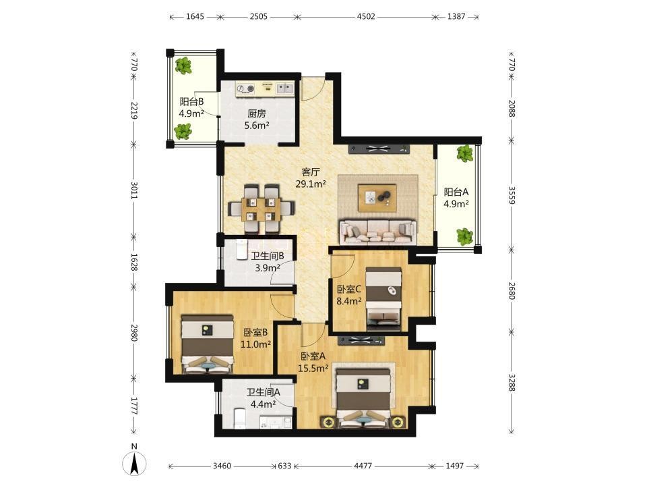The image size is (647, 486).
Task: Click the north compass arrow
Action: (x=134, y=463)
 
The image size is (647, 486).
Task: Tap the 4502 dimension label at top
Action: (x=366, y=16)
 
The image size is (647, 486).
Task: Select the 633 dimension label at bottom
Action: (x=284, y=466)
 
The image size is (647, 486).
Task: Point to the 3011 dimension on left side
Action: (x=133, y=190)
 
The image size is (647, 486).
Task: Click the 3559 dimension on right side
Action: (x=512, y=195)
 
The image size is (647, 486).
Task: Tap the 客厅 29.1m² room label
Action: (x=311, y=178)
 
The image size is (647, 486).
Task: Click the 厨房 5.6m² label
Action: (x=257, y=119)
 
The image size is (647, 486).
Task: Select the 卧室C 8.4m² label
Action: (x=349, y=295)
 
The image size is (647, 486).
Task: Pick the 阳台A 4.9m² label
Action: (x=456, y=198)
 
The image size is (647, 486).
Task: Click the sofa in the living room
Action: (x=377, y=232)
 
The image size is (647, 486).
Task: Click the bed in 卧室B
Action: (x=208, y=344)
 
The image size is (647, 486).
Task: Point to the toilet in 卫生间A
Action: (x=240, y=418)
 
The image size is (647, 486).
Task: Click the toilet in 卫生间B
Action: (x=241, y=250)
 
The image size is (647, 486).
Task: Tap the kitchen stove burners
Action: (x=245, y=88)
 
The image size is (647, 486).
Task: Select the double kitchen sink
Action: (x=284, y=88)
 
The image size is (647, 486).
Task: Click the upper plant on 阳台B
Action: (x=183, y=65)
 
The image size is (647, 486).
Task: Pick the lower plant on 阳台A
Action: (x=464, y=236)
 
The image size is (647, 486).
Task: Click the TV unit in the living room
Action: (x=379, y=149)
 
